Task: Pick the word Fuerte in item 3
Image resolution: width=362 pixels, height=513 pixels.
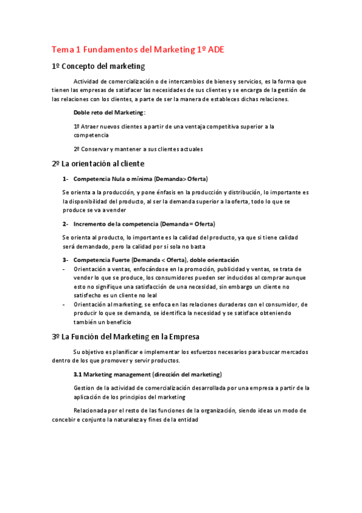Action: point(123,260)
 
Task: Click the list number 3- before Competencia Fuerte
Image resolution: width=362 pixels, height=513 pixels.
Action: point(65,260)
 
